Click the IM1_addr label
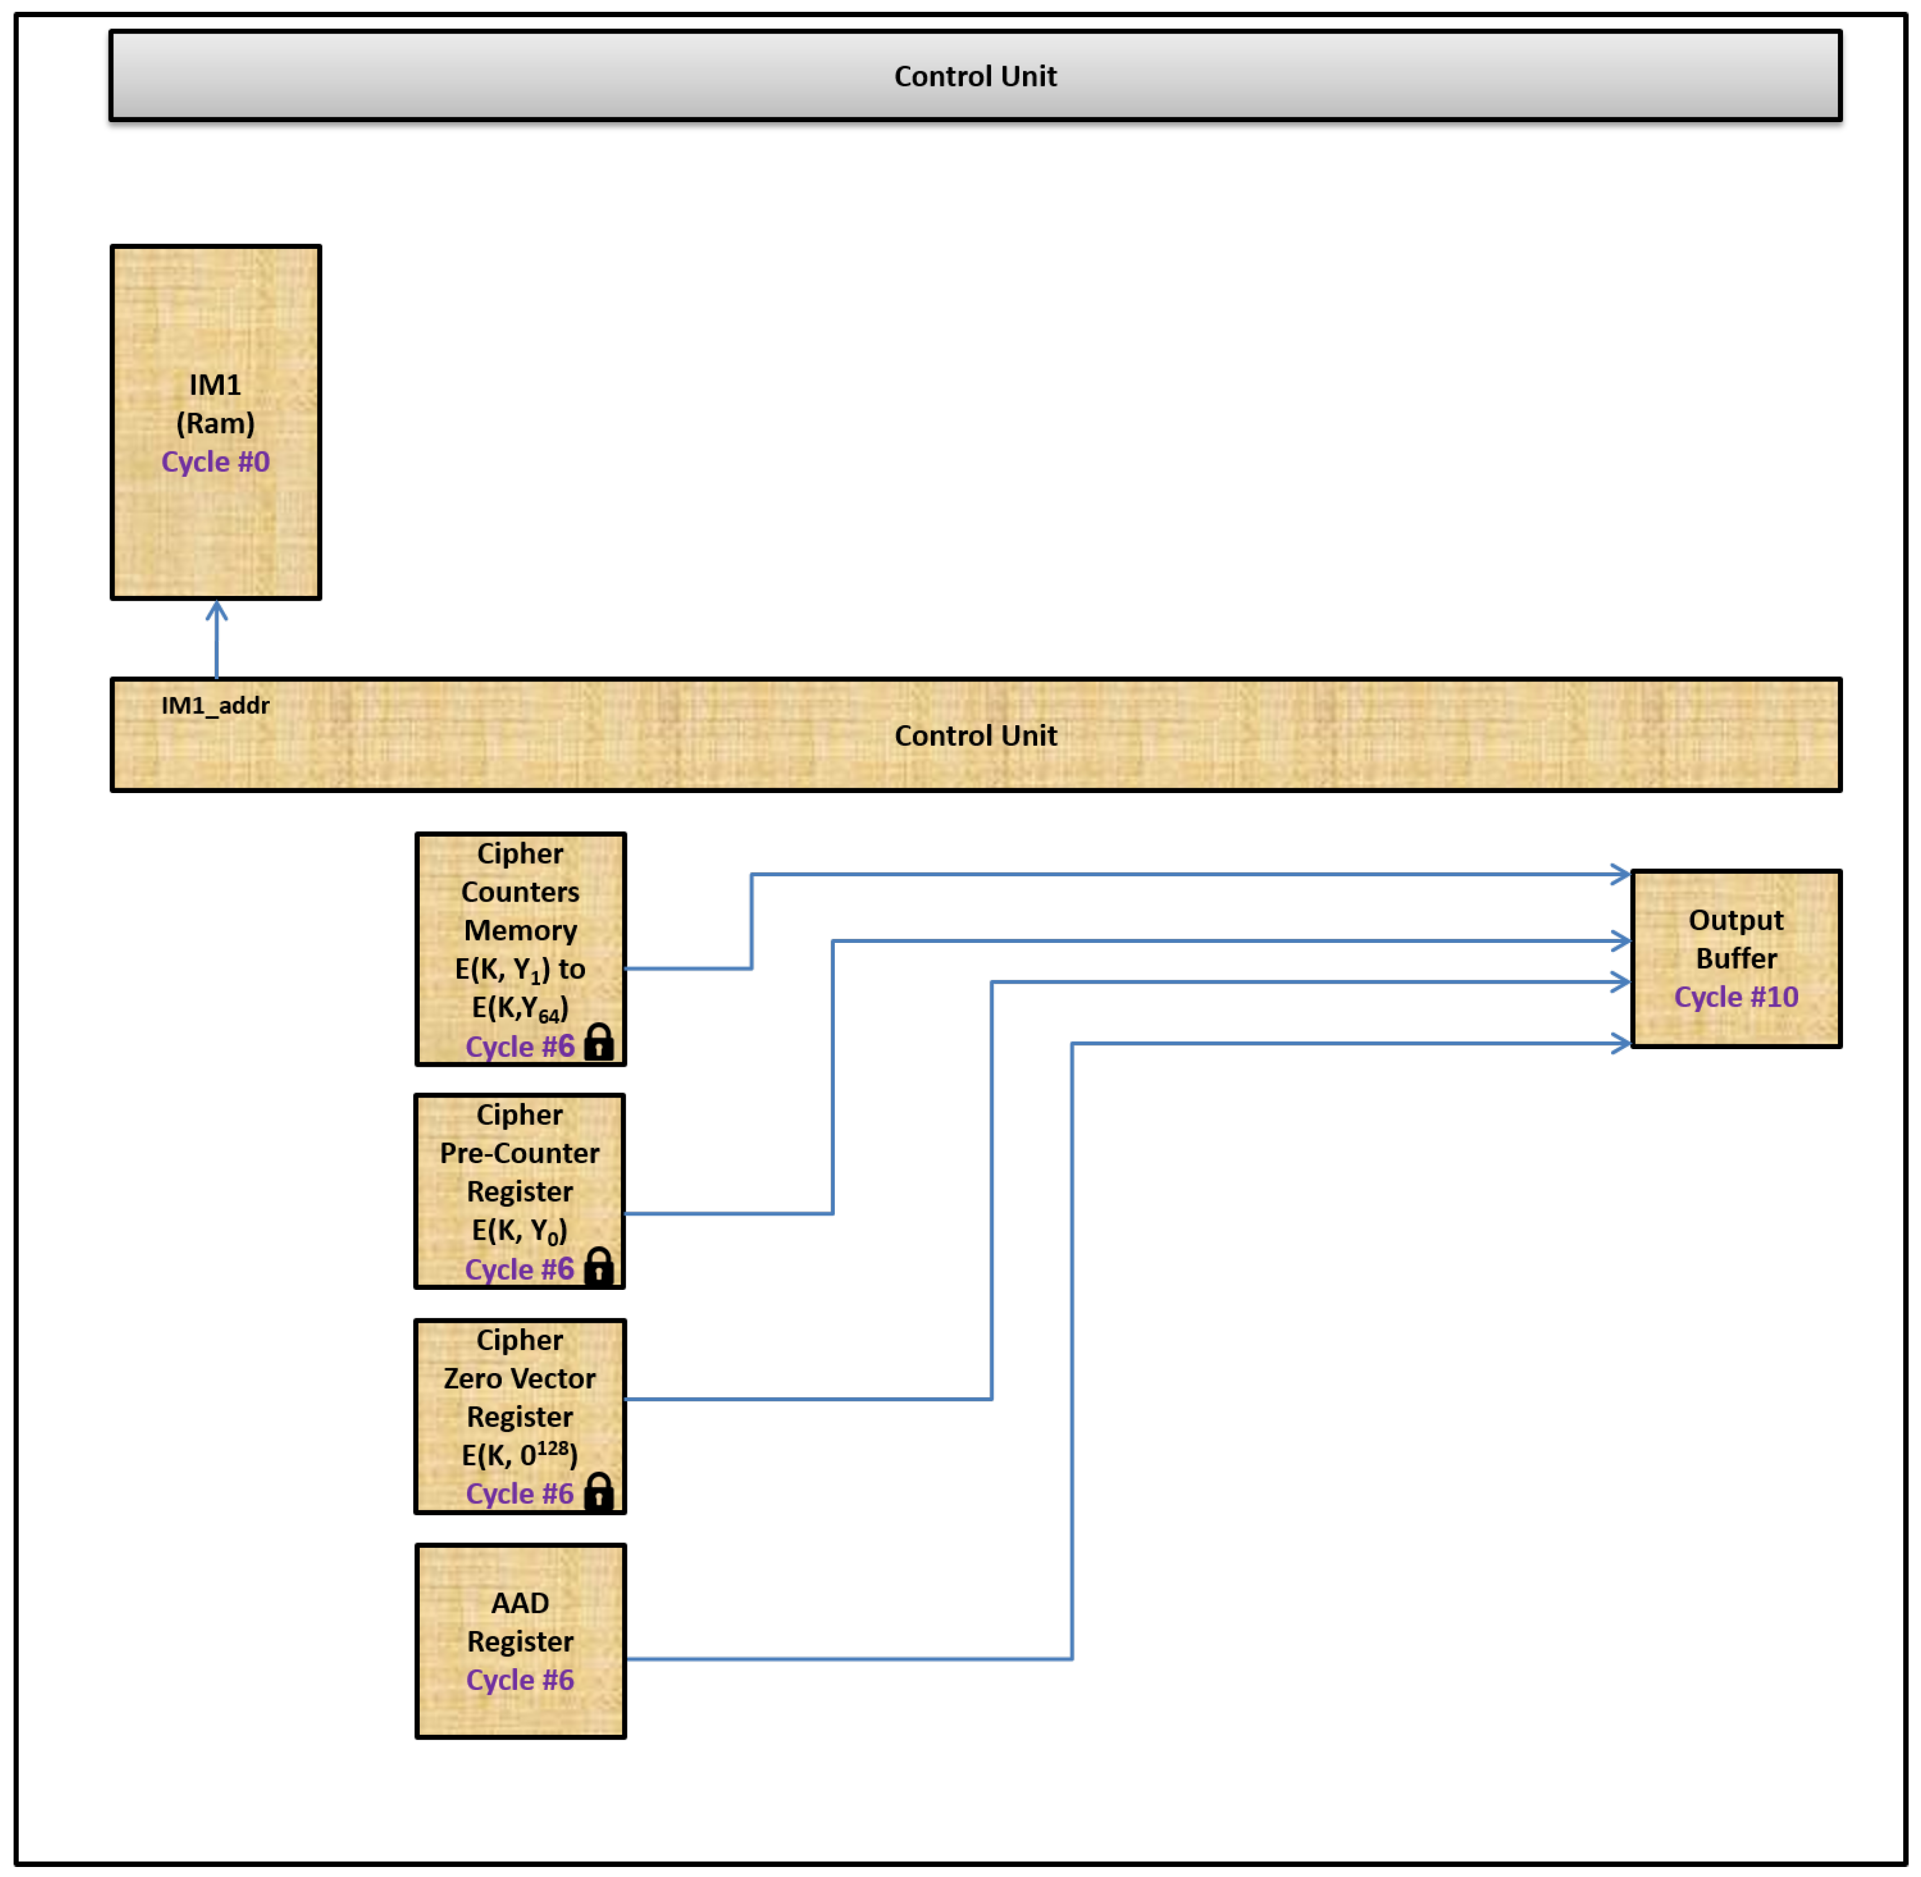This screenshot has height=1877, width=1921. [215, 705]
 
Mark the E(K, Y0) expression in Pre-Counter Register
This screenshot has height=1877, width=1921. [520, 1230]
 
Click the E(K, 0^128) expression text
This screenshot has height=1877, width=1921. [520, 1455]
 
